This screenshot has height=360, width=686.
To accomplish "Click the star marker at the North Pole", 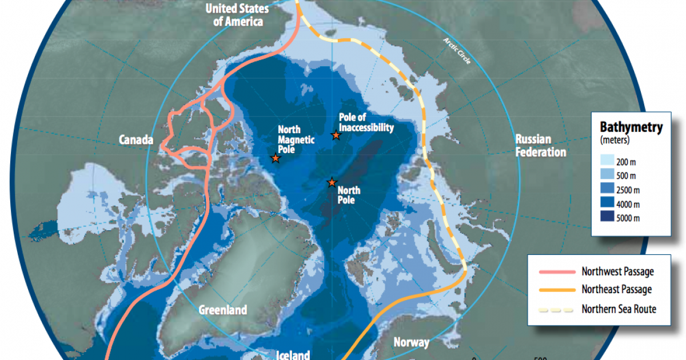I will pyautogui.click(x=332, y=183).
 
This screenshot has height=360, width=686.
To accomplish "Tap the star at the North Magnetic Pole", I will pyautogui.click(x=276, y=158).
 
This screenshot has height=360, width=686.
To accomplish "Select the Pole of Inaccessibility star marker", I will pyautogui.click(x=336, y=135).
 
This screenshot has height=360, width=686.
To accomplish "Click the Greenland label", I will pyautogui.click(x=223, y=310).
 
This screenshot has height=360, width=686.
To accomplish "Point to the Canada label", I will pyautogui.click(x=135, y=140).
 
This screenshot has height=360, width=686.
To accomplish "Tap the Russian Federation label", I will pyautogui.click(x=540, y=146).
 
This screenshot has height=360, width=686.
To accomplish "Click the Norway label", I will pyautogui.click(x=411, y=343).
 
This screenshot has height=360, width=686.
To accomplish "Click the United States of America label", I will pyautogui.click(x=234, y=15).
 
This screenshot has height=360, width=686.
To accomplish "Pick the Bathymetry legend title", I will pyautogui.click(x=631, y=127).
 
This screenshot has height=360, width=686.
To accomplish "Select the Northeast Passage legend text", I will pyautogui.click(x=616, y=290).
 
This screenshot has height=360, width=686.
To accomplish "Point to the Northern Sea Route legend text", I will pyautogui.click(x=619, y=309).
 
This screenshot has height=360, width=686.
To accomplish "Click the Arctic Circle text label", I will pyautogui.click(x=457, y=51).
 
